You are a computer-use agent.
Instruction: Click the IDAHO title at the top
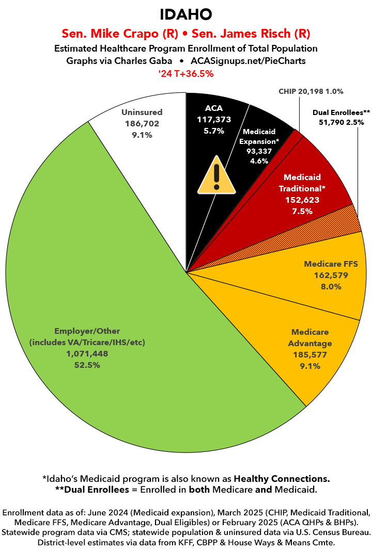click(x=186, y=13)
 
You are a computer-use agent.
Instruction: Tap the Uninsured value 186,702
click(x=142, y=124)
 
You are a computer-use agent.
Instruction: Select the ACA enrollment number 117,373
click(x=214, y=119)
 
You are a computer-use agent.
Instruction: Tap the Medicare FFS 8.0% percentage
click(x=331, y=286)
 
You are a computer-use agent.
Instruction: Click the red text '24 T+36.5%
click(x=186, y=74)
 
